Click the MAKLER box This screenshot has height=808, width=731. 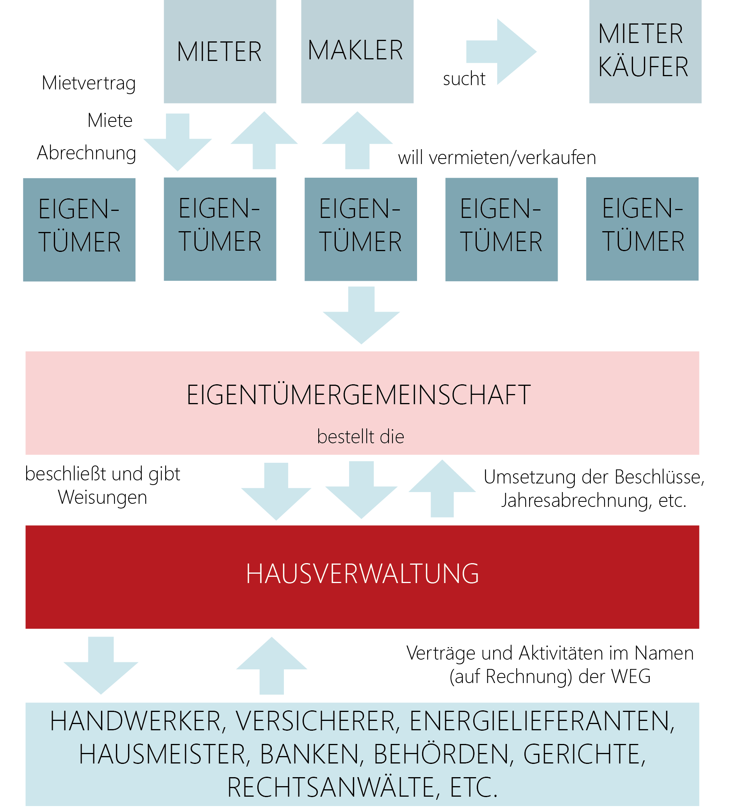coord(357,51)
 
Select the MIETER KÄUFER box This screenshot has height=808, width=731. coord(645,51)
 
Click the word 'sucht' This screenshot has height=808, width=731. coord(464,78)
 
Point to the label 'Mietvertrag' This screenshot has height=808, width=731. coord(89,83)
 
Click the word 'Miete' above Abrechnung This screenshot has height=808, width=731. coord(110,120)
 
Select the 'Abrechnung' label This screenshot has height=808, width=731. coord(87,153)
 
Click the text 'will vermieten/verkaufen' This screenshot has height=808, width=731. coord(497,157)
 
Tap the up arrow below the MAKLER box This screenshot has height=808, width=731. coord(357,140)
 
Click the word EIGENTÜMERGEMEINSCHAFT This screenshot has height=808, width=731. coord(359,395)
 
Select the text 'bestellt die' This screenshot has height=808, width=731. coord(360,437)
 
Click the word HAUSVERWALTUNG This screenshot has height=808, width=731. coord(362,574)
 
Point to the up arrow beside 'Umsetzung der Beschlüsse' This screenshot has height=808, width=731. coord(442,489)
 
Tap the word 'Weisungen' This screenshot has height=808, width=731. coord(103,498)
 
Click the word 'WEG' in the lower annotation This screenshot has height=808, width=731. coord(630,676)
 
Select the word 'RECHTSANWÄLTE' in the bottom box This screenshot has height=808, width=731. coord(331,788)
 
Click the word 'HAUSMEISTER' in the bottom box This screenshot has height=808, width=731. coord(162,754)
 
